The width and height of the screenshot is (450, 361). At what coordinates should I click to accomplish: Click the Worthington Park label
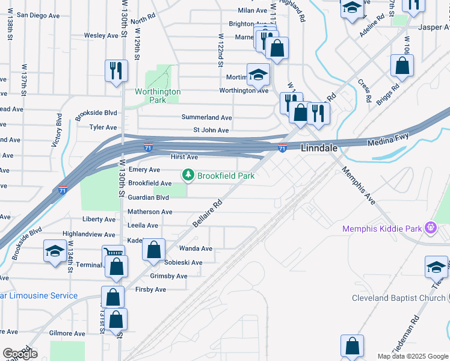158,96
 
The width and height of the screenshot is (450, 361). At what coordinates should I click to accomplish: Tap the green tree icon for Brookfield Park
188,175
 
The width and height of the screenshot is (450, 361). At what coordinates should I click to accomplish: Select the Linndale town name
318,147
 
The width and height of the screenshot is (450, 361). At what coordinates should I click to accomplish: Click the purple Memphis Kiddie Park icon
430,228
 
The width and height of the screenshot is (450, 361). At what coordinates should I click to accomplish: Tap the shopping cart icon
113,255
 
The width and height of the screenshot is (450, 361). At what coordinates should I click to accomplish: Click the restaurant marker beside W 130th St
115,70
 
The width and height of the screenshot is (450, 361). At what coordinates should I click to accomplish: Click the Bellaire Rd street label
208,214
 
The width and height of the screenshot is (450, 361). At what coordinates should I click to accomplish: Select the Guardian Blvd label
149,197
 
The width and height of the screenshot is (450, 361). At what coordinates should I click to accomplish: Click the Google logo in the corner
20,354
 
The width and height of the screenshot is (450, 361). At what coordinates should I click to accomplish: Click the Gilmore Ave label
67,333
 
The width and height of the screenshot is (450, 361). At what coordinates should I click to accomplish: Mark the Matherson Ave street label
150,212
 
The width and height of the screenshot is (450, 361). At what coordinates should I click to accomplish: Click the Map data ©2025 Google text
413,356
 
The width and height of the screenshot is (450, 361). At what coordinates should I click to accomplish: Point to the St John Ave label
211,130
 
